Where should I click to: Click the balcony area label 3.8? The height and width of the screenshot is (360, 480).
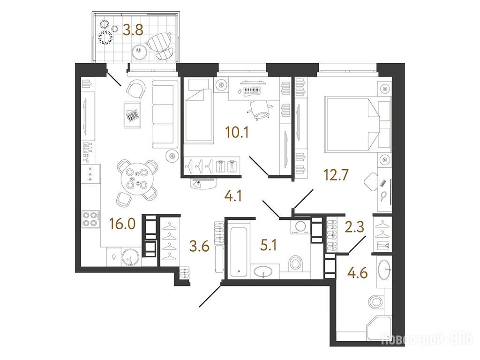(x=133, y=30)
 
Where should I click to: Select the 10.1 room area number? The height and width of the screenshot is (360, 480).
(x=237, y=133)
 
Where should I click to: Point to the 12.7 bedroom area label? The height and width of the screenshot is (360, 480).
(x=336, y=175)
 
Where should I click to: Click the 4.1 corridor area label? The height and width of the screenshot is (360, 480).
(x=233, y=196)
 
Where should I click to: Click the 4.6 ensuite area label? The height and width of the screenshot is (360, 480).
(x=357, y=273)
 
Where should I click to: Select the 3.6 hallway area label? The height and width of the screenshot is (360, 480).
(x=199, y=246)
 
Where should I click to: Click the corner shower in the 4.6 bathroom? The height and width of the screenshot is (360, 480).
(x=379, y=328)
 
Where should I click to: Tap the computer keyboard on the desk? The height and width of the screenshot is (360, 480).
(x=252, y=90)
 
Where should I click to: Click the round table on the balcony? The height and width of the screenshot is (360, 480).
(x=140, y=51)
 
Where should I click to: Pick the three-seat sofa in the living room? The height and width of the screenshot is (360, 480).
(x=165, y=113)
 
